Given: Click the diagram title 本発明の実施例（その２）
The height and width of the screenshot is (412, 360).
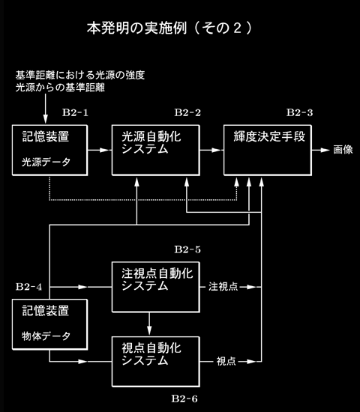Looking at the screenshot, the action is (x=169, y=28).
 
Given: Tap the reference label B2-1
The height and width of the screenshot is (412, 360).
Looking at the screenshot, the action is (x=75, y=112).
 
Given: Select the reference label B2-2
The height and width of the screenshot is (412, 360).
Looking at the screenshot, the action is (x=187, y=112).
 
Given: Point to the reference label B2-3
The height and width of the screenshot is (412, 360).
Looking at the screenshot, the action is (x=299, y=112).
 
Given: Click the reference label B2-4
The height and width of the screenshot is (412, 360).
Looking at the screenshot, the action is (x=28, y=287).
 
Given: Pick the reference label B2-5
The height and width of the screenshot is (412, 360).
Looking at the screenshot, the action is (x=187, y=249).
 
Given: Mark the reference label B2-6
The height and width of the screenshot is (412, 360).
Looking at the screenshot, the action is (x=184, y=399).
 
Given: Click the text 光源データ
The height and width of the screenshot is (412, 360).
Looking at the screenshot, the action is (x=46, y=162).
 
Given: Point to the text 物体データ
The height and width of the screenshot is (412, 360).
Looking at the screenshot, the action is (x=46, y=336).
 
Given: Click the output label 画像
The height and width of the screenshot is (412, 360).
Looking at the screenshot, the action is (x=343, y=150).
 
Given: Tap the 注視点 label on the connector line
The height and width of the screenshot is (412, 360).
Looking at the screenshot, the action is (x=223, y=287).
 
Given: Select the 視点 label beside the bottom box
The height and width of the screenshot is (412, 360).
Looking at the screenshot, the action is (x=226, y=362).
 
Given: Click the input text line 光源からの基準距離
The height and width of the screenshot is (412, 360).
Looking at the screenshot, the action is (x=60, y=88).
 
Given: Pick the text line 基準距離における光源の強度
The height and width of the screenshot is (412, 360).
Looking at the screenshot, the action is (x=80, y=76).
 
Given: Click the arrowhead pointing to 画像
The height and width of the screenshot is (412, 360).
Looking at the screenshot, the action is (x=325, y=150).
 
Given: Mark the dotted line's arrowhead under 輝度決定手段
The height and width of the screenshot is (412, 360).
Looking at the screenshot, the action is (x=236, y=182).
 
